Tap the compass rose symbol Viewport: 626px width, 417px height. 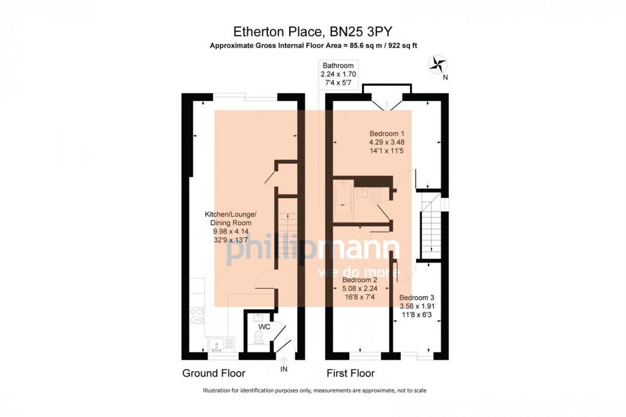[438, 64]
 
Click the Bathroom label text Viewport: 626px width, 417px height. [338, 66]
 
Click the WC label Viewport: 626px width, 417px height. [265, 327]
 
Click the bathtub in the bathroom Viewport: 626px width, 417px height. [342, 201]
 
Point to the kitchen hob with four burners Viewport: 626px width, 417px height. [197, 314]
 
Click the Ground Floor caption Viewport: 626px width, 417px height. [214, 373]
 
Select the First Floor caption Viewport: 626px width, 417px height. [350, 373]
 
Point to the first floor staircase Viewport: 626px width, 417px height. [431, 228]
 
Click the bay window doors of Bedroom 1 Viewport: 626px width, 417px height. [387, 101]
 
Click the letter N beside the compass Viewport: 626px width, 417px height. [445, 77]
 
